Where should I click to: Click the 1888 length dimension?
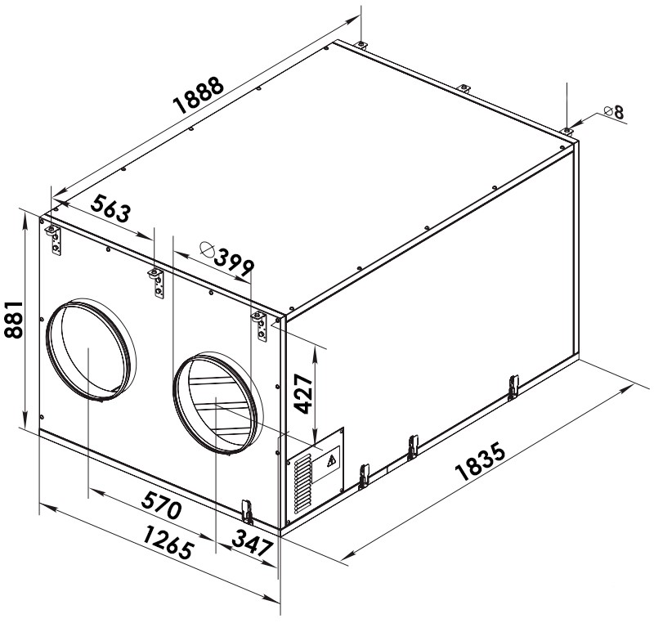point(199,96)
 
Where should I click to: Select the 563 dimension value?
point(110,208)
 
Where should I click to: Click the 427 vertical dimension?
point(303,393)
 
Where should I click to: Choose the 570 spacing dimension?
point(161,504)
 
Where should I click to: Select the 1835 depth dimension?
point(480,463)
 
